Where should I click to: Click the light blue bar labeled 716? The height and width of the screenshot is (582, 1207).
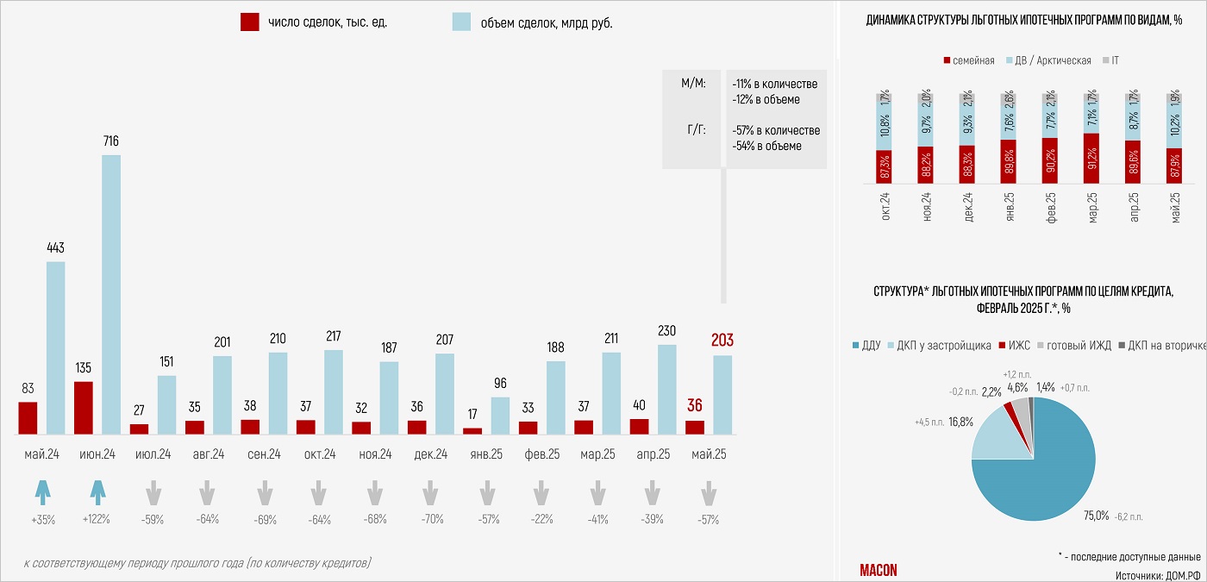(111, 294)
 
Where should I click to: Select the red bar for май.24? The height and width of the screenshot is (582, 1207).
(28, 417)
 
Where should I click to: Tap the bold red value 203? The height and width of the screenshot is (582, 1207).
(722, 341)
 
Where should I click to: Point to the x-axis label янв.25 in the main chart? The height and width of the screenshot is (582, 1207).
(485, 454)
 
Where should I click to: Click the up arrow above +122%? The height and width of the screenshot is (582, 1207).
(97, 493)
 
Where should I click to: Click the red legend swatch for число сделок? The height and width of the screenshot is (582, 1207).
(250, 22)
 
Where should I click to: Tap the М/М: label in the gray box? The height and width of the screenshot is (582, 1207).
(693, 84)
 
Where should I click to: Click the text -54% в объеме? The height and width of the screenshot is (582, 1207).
(766, 147)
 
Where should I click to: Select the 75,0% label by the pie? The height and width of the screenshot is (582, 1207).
(1096, 515)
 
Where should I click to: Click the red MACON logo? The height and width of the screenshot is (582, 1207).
(879, 570)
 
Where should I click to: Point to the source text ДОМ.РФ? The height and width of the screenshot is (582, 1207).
(1183, 574)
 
